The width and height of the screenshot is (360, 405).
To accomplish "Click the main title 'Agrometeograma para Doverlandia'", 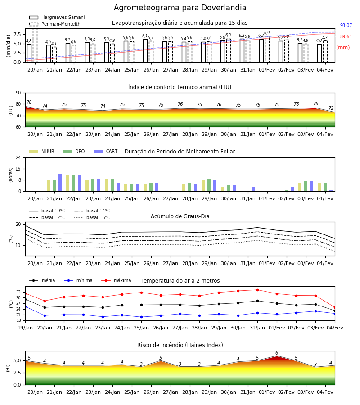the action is pos(180,8).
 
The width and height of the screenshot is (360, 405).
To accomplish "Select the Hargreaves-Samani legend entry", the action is pos(57,17).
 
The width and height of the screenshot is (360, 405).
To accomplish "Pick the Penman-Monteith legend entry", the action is pos(55,24).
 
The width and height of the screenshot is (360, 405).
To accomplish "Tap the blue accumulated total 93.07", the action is pos(346,25).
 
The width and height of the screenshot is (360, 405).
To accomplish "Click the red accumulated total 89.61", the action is pos(346,37).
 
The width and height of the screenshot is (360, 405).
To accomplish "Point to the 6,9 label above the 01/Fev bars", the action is pos(267,33).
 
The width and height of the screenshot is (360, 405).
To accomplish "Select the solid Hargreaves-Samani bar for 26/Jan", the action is pos(145,50).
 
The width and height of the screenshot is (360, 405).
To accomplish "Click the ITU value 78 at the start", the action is pos(29,102).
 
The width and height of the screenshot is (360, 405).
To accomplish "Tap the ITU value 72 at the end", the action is pos(331,108).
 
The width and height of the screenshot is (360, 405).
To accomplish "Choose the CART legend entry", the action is pos(106,151).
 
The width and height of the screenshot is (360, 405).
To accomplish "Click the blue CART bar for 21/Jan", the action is pos(60,183).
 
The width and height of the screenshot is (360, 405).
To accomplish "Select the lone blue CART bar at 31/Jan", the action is pos(254,189).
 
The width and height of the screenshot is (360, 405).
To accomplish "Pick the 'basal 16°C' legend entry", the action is pos(92,217).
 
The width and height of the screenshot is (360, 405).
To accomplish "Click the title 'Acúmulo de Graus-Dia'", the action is pos(180,216).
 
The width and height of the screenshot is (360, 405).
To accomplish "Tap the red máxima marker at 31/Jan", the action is pos(257,290).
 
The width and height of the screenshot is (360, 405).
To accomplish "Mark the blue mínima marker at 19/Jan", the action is pos(25,306).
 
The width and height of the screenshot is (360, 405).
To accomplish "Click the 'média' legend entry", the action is pos(42,280).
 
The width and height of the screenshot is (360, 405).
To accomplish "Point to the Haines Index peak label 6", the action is pos(277,353).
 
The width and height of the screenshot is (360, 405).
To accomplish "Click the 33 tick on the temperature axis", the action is pos(18,292).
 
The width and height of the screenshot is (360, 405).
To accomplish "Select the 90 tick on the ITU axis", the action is pos(18,93).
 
